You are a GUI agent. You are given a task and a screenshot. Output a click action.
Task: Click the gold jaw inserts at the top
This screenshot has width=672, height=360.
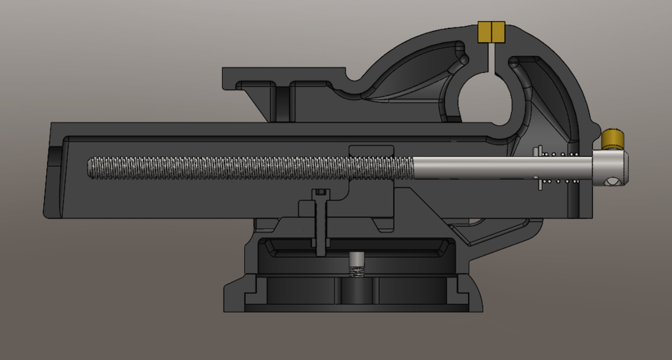[491, 32]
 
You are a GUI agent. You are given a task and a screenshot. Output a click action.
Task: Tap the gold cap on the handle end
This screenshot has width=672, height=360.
[614, 139]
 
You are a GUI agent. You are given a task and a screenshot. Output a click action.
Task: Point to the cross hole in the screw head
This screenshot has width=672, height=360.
[614, 182]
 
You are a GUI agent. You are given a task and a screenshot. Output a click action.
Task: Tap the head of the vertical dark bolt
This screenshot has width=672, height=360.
[320, 193]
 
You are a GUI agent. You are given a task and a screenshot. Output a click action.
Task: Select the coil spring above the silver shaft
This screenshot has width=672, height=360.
[563, 154]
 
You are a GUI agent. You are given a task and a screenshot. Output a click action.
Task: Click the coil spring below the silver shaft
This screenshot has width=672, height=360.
[563, 181]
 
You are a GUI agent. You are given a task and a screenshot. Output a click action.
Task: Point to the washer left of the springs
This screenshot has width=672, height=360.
[539, 168]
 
